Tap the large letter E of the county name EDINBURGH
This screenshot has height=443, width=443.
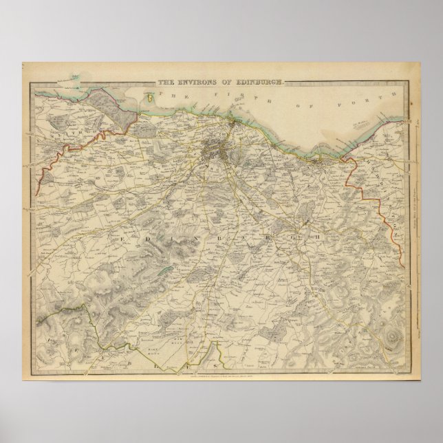pos(124,237)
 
